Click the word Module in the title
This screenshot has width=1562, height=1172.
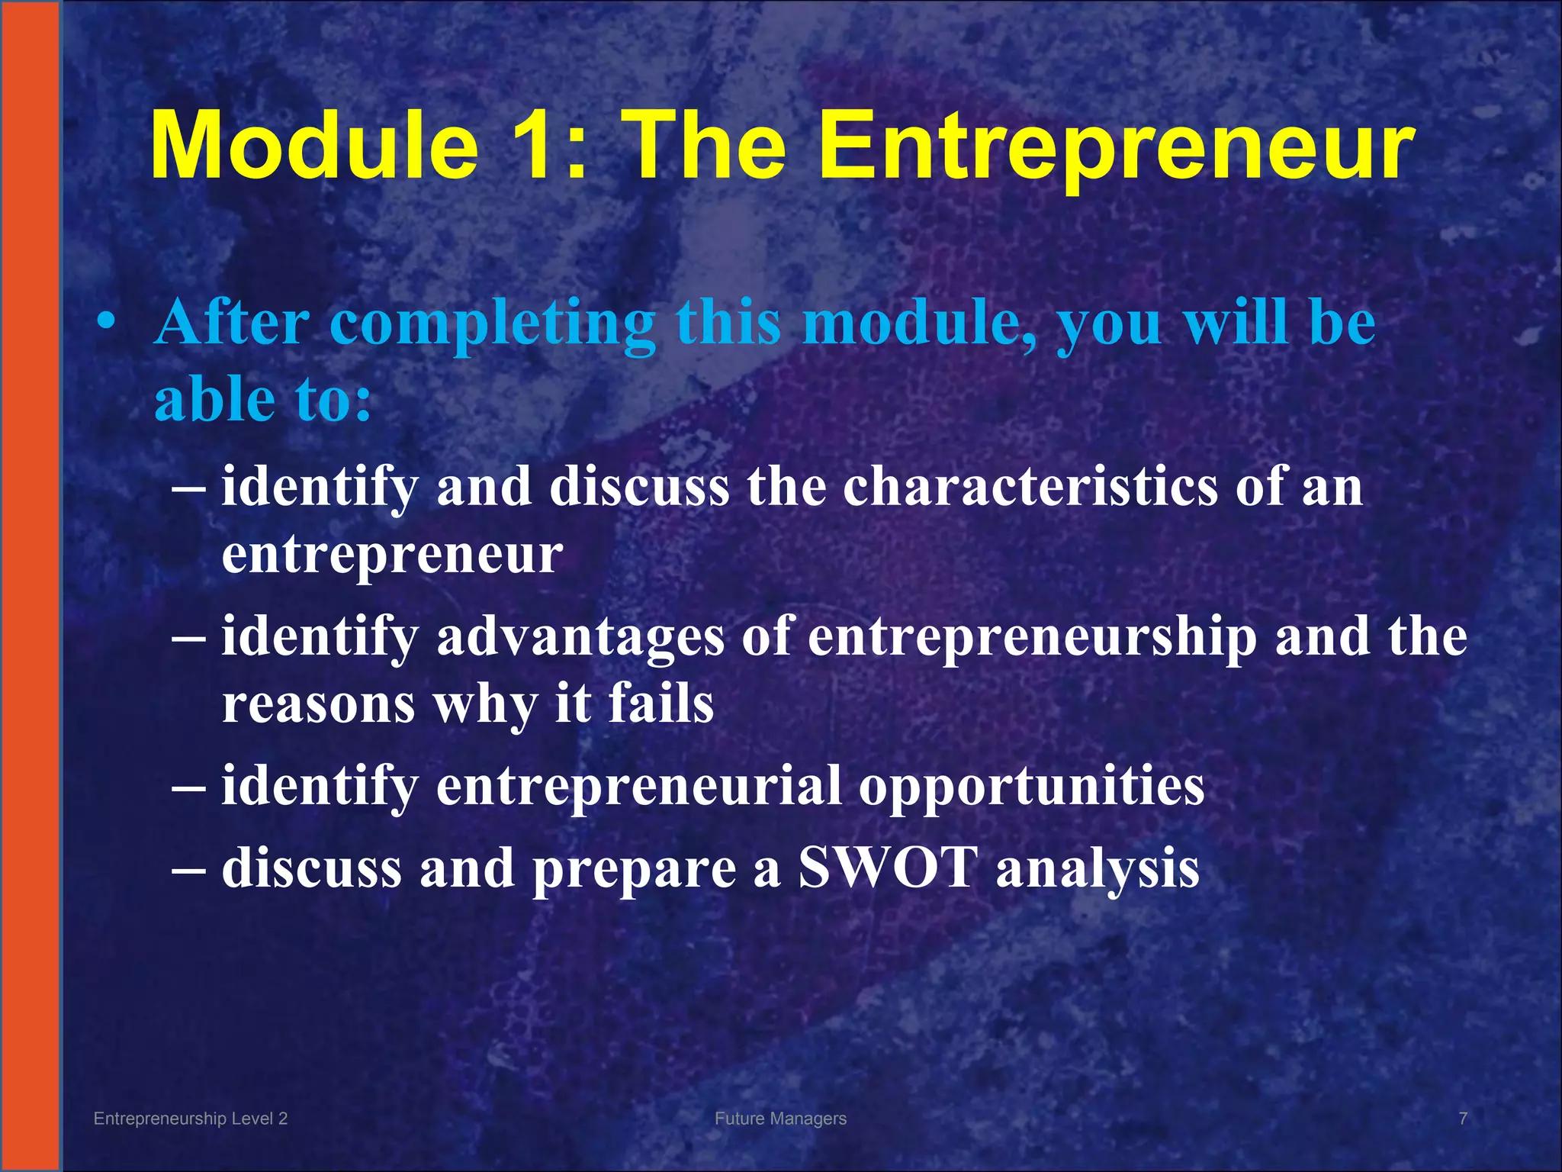tap(314, 145)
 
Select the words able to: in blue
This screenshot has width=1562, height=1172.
tap(262, 400)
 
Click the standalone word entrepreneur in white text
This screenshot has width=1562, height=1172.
tap(392, 555)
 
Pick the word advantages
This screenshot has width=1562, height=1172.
tap(580, 638)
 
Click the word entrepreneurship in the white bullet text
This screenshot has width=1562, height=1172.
tap(1032, 638)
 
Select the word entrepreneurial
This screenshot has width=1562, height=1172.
tap(638, 786)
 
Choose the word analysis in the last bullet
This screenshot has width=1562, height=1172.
tap(1098, 871)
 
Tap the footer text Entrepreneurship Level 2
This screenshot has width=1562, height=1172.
tap(191, 1119)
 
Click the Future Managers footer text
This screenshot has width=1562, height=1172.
tap(780, 1119)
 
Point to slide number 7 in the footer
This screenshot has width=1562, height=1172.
tap(1463, 1119)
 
